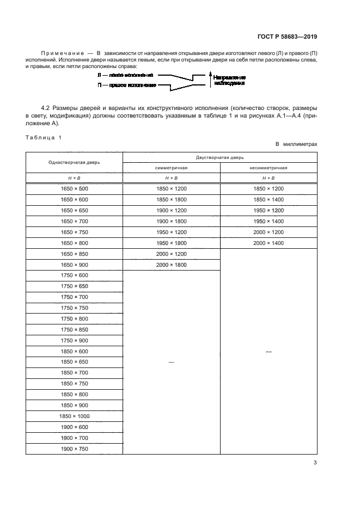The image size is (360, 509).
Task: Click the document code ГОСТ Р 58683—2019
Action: (x=286, y=36)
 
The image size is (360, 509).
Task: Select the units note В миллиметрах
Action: (x=296, y=144)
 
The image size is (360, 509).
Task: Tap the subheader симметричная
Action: (x=172, y=168)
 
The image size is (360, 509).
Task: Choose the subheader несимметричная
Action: (x=269, y=168)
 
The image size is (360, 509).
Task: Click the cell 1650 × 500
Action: (x=75, y=188)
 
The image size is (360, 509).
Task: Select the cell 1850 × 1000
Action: (x=75, y=416)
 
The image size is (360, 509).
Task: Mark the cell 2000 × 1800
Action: (x=172, y=265)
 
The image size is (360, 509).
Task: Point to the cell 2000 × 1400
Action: (x=269, y=243)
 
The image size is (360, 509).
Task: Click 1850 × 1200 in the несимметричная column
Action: (x=269, y=188)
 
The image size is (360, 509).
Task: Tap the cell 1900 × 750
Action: (x=75, y=449)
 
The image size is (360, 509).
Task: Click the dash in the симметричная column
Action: (x=172, y=363)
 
